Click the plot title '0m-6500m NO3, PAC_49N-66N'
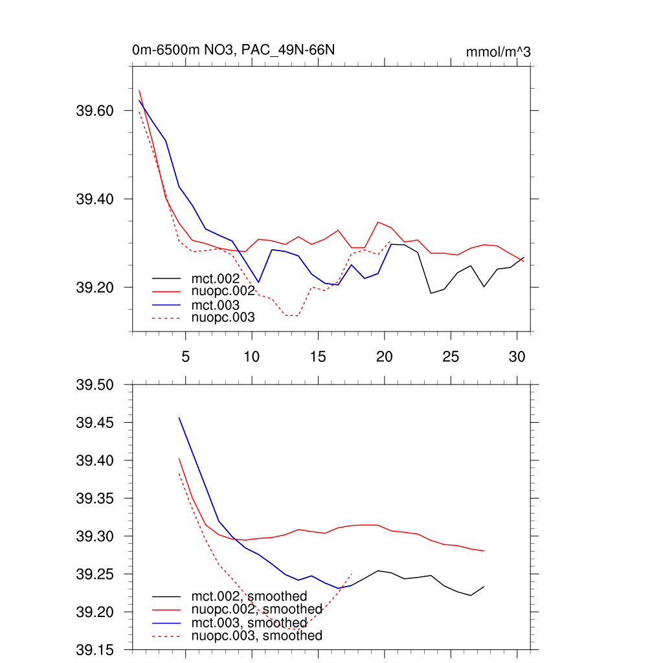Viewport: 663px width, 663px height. click(x=233, y=51)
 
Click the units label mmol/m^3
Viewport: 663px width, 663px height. click(x=498, y=52)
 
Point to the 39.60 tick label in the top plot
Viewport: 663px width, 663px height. click(x=95, y=111)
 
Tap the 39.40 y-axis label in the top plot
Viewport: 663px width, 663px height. click(x=95, y=199)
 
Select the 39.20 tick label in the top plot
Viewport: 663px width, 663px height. click(x=95, y=287)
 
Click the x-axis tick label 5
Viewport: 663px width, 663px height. click(x=186, y=356)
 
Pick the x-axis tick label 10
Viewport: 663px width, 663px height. click(x=252, y=356)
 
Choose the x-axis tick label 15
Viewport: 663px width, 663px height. click(x=318, y=356)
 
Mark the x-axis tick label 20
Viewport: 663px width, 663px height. click(x=385, y=356)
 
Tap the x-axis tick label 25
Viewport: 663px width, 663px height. click(x=451, y=356)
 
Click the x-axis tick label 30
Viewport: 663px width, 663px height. click(x=517, y=356)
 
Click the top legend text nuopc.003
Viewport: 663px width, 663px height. click(x=223, y=317)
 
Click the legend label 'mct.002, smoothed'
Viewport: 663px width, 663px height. click(x=249, y=596)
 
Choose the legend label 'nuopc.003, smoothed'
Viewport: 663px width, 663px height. click(x=256, y=636)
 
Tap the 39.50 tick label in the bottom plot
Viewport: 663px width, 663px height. click(x=95, y=385)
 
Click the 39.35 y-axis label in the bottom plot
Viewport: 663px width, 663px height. click(x=95, y=499)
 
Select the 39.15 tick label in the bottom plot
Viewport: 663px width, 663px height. click(x=95, y=650)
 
